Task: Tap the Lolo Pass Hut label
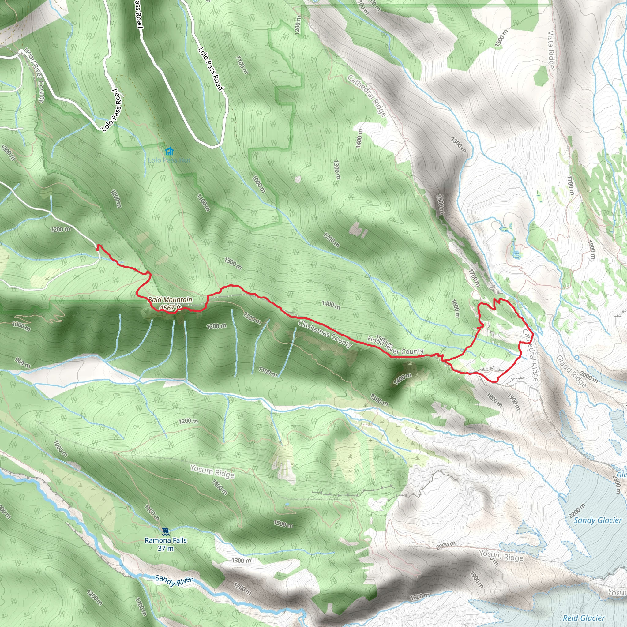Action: point(169,160)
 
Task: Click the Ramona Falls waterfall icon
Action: point(166,531)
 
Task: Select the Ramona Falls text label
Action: point(166,540)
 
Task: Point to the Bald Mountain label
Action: point(170,300)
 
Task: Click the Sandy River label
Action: point(174,580)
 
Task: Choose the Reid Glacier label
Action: point(584,618)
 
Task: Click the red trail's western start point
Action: point(97,249)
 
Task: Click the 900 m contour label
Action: point(23,362)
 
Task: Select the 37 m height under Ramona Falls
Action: point(166,548)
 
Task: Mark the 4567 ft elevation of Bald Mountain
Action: point(170,307)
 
